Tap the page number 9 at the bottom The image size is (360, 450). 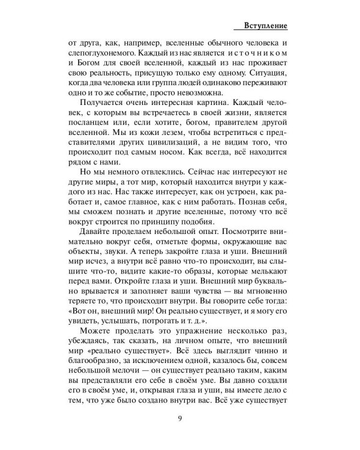click(179, 419)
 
